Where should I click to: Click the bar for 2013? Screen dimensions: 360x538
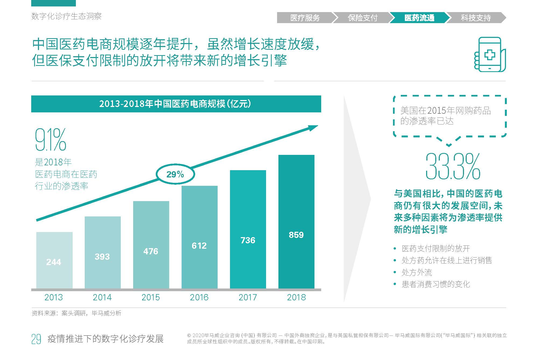click(54, 260)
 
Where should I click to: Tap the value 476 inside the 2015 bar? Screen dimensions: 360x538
click(151, 251)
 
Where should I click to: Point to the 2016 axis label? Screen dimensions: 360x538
click(199, 297)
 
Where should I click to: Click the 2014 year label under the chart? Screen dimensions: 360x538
click(102, 297)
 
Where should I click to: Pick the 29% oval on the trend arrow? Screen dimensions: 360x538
click(175, 174)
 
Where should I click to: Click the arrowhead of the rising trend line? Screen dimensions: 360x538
click(313, 128)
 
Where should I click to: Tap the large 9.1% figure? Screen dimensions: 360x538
click(51, 140)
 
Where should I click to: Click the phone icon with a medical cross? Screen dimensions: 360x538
click(490, 55)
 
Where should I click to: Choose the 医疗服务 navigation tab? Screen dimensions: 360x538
click(305, 18)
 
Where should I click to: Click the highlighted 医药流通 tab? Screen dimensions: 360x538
click(419, 18)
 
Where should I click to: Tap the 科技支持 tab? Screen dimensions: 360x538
click(476, 18)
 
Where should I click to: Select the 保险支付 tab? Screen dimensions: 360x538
click(362, 18)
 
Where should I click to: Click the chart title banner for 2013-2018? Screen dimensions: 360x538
click(176, 104)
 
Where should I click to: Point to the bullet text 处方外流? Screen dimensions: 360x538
click(417, 272)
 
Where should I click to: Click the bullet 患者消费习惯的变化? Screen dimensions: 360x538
click(436, 284)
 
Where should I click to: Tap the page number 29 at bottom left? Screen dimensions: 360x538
click(36, 339)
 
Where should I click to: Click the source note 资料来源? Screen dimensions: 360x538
click(76, 313)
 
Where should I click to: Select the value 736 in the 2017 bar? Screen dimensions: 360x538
click(248, 240)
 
